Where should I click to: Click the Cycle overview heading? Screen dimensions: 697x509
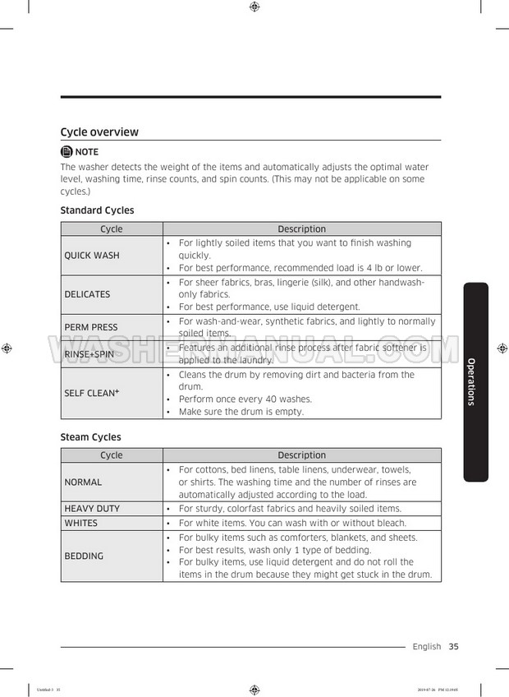99,132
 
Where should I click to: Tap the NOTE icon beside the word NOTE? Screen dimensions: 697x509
66,152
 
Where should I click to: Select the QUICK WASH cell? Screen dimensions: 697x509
92,256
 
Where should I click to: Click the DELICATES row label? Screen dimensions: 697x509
87,294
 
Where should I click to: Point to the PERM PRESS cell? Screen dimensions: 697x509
91,327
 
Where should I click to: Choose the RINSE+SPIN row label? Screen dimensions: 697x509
89,354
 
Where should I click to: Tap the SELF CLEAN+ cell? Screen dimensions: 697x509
92,393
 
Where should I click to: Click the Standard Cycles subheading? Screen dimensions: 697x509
97,210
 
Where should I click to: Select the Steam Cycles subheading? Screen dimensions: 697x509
90,437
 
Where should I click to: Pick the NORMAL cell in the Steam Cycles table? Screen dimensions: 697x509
83,482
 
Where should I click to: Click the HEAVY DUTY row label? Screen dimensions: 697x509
92,509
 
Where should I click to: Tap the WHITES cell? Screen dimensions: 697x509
80,523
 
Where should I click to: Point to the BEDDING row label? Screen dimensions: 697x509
84,556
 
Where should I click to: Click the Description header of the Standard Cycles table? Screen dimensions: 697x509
301,229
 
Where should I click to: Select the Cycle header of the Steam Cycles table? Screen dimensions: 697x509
111,455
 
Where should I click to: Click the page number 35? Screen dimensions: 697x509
453,647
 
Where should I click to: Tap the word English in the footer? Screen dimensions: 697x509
427,647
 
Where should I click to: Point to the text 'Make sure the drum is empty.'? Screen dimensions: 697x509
241,412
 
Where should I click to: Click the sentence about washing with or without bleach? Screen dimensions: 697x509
291,523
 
